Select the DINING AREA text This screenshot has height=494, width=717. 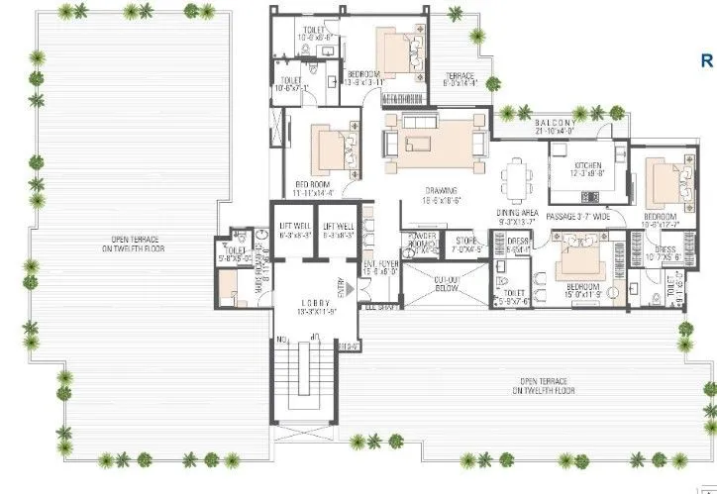[518, 213]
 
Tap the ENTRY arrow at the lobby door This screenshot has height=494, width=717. [341, 287]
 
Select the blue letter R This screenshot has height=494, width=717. [707, 60]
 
